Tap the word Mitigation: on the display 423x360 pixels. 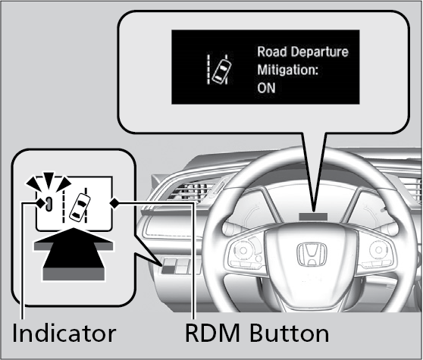tap(288, 70)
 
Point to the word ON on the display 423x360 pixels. tap(266, 88)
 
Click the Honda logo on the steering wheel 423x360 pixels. tap(312, 254)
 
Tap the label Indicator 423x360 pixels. tap(64, 333)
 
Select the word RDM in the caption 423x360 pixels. tap(212, 333)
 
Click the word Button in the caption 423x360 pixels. tap(289, 333)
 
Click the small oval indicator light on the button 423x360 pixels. tap(49, 204)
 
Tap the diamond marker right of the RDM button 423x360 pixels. tap(114, 203)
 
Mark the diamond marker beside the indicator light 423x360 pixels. tap(40, 203)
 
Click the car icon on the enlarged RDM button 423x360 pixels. tap(80, 207)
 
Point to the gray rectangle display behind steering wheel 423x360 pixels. tap(313, 216)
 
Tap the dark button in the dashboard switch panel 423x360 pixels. tap(168, 268)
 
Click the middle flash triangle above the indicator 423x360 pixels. tap(49, 180)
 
